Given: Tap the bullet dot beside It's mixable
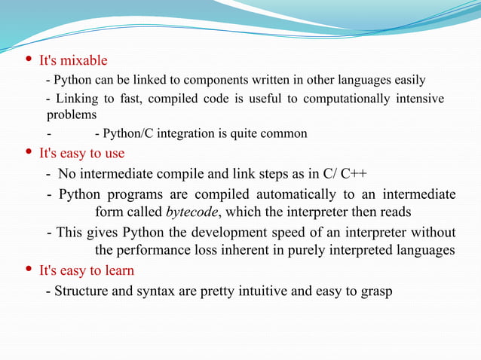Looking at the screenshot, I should (x=29, y=60).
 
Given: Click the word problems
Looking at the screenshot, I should (x=72, y=115).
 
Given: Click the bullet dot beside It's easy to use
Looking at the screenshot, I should (x=29, y=154).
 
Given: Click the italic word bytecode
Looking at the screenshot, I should (x=192, y=212).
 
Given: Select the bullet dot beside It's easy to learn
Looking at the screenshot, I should (x=29, y=270).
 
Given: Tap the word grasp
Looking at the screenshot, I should (x=377, y=291).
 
